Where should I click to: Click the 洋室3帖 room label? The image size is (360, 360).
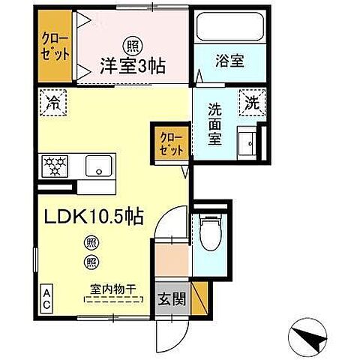136,64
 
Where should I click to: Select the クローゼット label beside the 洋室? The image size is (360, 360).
55,47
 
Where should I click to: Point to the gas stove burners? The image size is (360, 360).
56,165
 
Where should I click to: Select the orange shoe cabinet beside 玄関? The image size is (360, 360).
199,296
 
